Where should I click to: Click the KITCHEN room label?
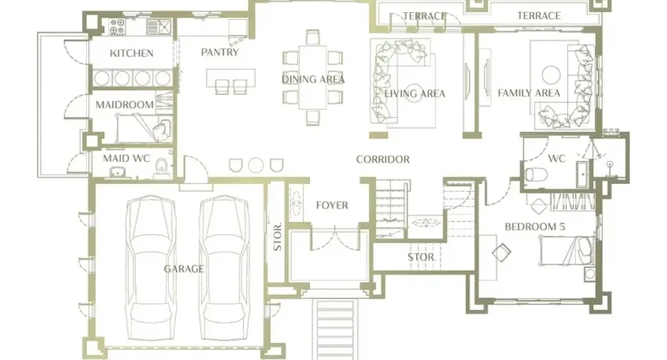[x=131, y=53]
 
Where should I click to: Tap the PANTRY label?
[x=219, y=52]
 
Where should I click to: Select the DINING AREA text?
[x=313, y=79]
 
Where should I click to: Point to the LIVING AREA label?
[x=415, y=93]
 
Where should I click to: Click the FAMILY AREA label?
[x=529, y=93]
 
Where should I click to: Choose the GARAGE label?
[x=184, y=269]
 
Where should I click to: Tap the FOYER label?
[x=332, y=205]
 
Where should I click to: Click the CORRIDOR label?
[x=383, y=160]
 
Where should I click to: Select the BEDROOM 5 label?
[x=534, y=227]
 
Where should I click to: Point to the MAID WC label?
[x=127, y=159]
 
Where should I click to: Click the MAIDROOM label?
[x=125, y=105]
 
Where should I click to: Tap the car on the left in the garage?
[x=151, y=267]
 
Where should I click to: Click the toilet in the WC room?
[x=536, y=175]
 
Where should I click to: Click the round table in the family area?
[x=552, y=76]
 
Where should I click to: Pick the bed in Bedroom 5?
[x=567, y=251]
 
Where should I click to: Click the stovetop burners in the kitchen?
[x=117, y=26]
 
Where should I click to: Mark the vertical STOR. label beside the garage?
[x=277, y=237]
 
